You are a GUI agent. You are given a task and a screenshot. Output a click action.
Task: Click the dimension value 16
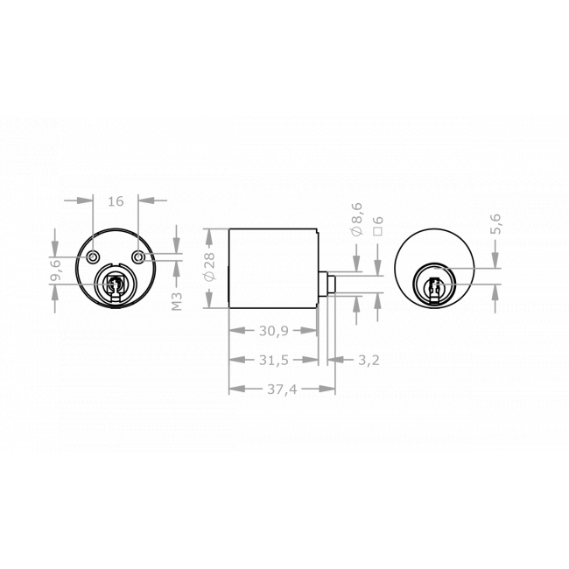(x=116, y=201)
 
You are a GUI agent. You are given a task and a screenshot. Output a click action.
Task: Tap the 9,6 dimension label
(x=55, y=270)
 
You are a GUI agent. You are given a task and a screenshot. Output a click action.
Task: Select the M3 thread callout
(x=177, y=301)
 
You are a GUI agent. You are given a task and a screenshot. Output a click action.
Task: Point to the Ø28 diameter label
(x=207, y=267)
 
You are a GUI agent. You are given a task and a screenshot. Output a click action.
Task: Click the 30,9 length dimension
(x=272, y=331)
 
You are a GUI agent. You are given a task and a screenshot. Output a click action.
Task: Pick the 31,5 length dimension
(x=272, y=360)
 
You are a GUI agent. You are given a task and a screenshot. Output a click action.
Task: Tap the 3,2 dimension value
(x=369, y=360)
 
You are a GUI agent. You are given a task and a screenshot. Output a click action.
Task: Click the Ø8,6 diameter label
(x=355, y=218)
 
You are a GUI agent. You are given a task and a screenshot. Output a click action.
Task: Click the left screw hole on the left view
(x=94, y=256)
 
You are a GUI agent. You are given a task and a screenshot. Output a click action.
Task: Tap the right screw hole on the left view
(x=139, y=256)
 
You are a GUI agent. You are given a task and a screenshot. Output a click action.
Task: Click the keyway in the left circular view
(x=115, y=284)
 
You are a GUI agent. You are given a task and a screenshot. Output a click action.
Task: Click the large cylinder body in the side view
(x=272, y=267)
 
